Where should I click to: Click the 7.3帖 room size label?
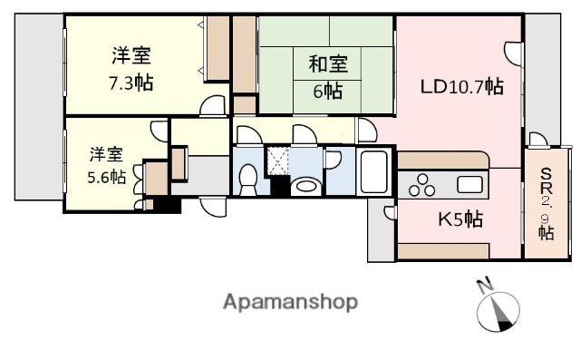[130, 83]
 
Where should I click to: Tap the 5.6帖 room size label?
[106, 177]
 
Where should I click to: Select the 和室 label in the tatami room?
[328, 64]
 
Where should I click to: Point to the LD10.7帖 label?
[461, 87]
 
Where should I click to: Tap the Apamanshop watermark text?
[290, 301]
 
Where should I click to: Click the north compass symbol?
[498, 312]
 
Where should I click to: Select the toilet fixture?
[246, 178]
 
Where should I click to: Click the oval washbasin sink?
[306, 187]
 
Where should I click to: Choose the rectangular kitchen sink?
[470, 186]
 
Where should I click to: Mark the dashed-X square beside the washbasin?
[277, 161]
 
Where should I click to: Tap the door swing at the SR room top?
[537, 139]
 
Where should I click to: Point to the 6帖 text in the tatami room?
[328, 92]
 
